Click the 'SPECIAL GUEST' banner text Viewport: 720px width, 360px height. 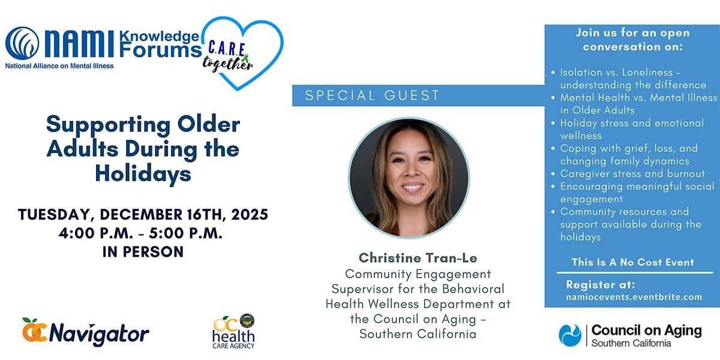coord(372,95)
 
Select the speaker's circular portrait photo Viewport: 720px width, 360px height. coord(409,178)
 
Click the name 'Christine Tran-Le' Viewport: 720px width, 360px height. coord(418,258)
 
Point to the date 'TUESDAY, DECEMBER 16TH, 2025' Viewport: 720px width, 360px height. coord(143,214)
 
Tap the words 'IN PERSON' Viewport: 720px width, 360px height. coord(143,252)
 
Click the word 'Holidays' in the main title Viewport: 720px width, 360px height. coord(143,173)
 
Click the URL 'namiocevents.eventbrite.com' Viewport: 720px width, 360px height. coord(634,296)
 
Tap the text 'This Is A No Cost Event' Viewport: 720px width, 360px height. coord(633,262)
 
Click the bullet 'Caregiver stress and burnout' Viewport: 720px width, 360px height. coord(632,173)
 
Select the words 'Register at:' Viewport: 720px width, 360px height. coord(600,284)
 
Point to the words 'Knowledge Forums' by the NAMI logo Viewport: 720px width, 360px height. coord(159,43)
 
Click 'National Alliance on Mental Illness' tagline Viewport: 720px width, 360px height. coord(59,65)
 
